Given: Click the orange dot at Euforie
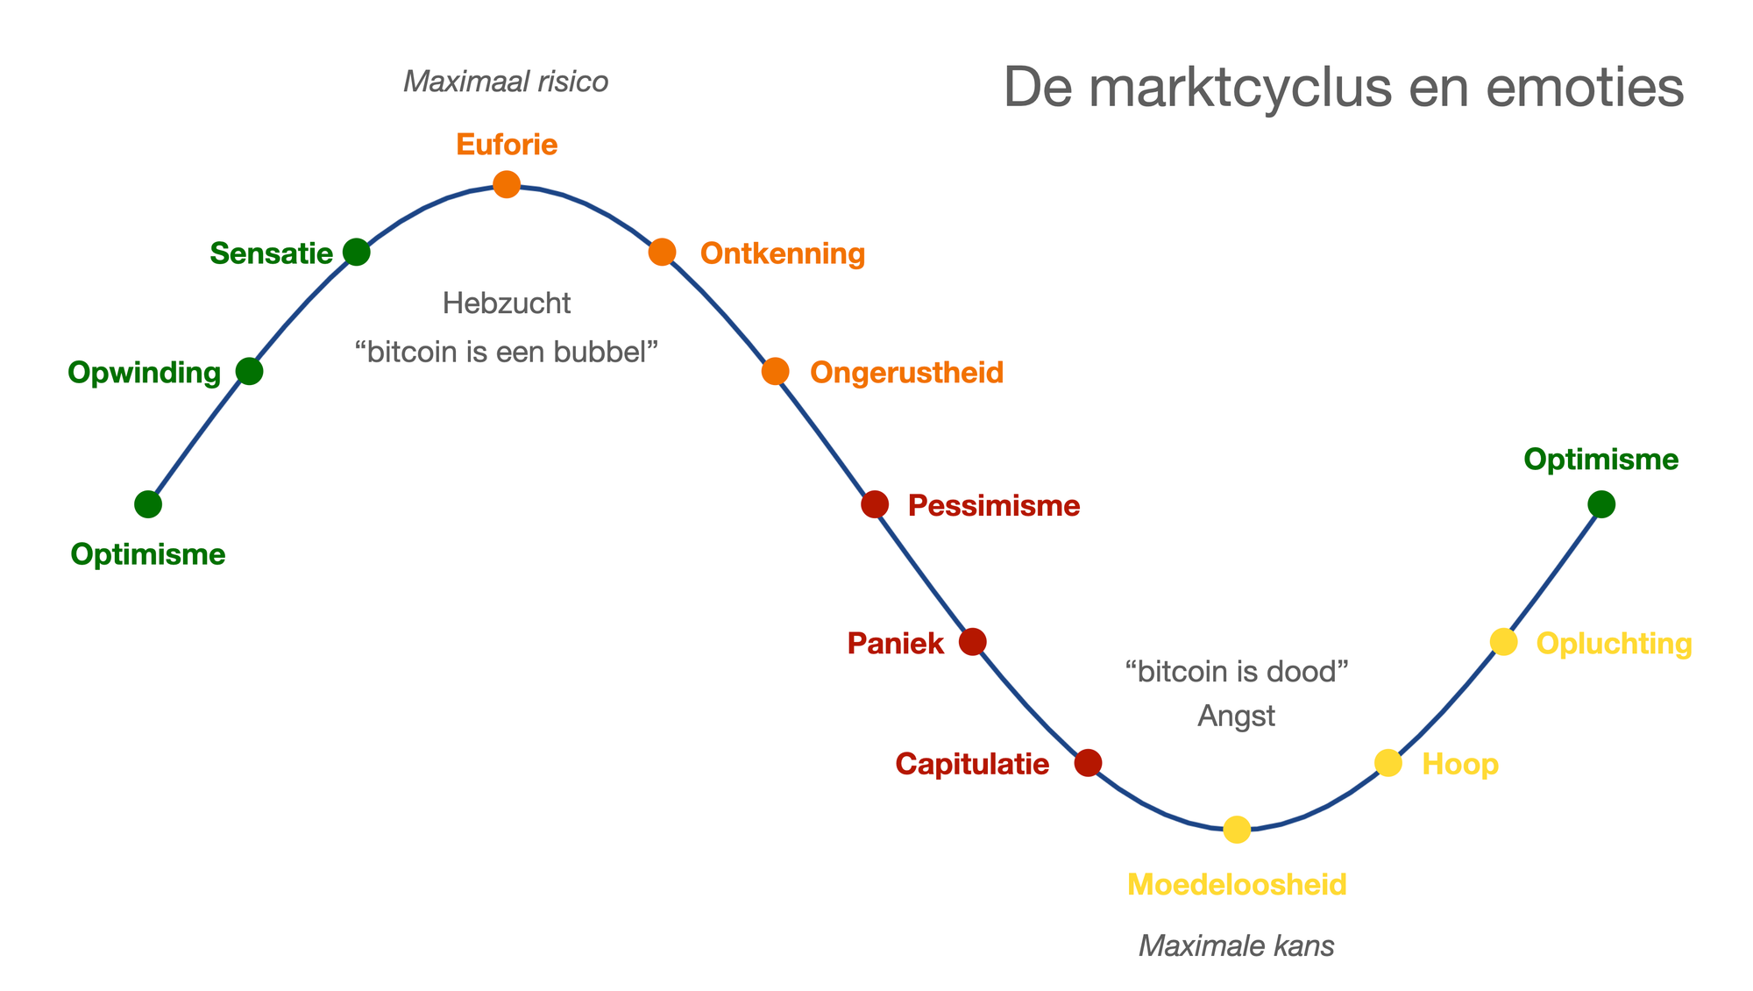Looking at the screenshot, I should (x=507, y=184).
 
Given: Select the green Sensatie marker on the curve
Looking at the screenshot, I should (x=356, y=253).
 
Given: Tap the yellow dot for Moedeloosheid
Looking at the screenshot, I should (x=1237, y=829).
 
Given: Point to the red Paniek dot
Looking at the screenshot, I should (x=972, y=642).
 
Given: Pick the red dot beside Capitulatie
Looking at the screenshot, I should (x=1088, y=763).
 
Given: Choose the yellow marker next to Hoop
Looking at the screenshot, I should (x=1387, y=763).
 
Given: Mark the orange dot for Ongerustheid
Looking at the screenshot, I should (x=775, y=372).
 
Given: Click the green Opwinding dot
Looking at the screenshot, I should (x=250, y=372).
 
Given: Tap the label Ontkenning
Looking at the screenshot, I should (x=783, y=254).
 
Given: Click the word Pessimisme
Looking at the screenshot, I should (x=994, y=506).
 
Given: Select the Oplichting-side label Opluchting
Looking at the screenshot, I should (x=1614, y=644).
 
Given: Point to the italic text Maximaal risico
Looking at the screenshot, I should (x=506, y=82).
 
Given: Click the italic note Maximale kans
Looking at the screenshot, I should (x=1236, y=946).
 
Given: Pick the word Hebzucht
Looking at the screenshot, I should (x=507, y=303).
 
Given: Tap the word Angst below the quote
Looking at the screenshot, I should (x=1236, y=717).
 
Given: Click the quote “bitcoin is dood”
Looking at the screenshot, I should (x=1236, y=673).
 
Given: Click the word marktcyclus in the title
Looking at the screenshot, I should (x=1244, y=88).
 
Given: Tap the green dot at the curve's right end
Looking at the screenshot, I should (x=1601, y=504).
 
